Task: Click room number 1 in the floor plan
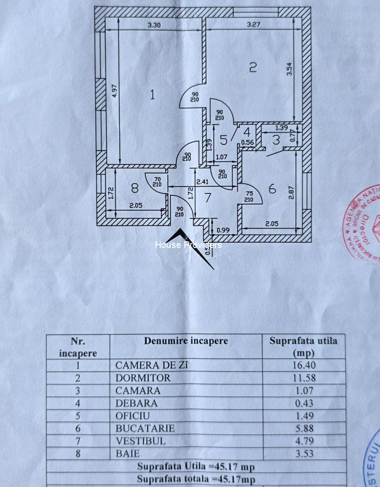(x=153, y=95)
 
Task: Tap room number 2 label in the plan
(x=253, y=68)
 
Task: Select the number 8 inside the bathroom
(x=135, y=187)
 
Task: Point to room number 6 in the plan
(x=272, y=189)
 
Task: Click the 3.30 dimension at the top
(x=154, y=25)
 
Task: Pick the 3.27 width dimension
(x=253, y=25)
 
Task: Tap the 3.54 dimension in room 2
(x=290, y=69)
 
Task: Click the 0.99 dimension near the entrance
(x=223, y=230)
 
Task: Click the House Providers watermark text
(x=188, y=245)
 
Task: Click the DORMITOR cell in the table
(x=143, y=378)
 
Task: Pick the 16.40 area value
(x=304, y=365)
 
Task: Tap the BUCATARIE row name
(x=145, y=428)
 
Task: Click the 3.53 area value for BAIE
(x=304, y=454)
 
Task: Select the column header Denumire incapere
(x=186, y=341)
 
